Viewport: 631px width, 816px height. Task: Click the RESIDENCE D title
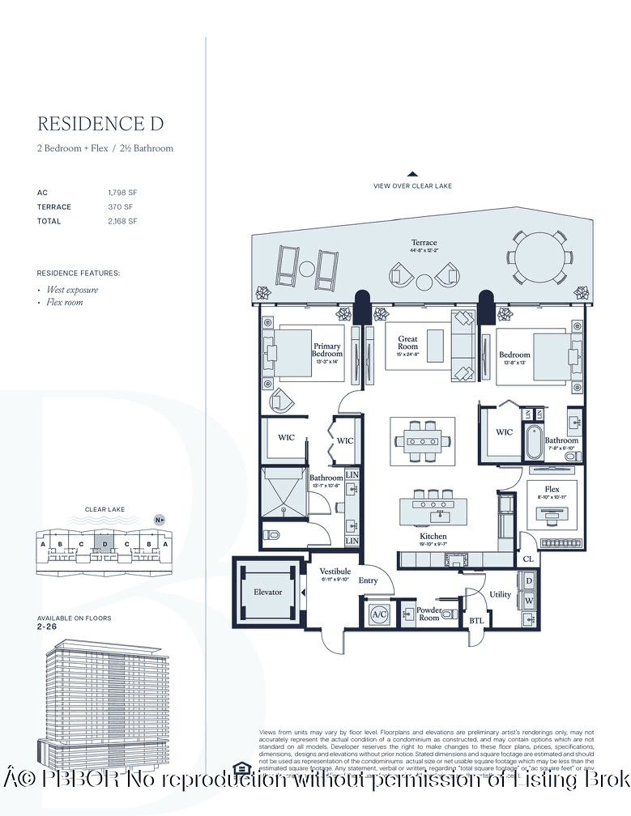[100, 124]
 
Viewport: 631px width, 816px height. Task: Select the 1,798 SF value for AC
[123, 193]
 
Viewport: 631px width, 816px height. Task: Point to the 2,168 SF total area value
[123, 221]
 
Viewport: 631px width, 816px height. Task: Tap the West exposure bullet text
[72, 290]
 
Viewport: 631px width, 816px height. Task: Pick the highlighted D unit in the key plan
[104, 544]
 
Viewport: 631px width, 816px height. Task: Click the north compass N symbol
[158, 520]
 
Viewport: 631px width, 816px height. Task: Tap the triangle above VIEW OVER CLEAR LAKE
[412, 173]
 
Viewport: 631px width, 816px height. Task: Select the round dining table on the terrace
[539, 254]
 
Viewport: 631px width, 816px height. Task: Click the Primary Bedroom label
[327, 350]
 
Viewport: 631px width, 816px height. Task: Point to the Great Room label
[408, 342]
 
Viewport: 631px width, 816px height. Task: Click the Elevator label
[268, 592]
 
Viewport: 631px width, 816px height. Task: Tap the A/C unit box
[379, 614]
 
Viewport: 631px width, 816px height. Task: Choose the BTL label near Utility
[475, 621]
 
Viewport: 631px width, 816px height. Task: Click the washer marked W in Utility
[529, 601]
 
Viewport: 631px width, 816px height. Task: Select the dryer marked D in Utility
[529, 581]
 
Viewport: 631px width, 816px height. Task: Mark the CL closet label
[527, 558]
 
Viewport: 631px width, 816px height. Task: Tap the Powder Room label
[428, 614]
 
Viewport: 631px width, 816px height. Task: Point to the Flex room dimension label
[552, 498]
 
